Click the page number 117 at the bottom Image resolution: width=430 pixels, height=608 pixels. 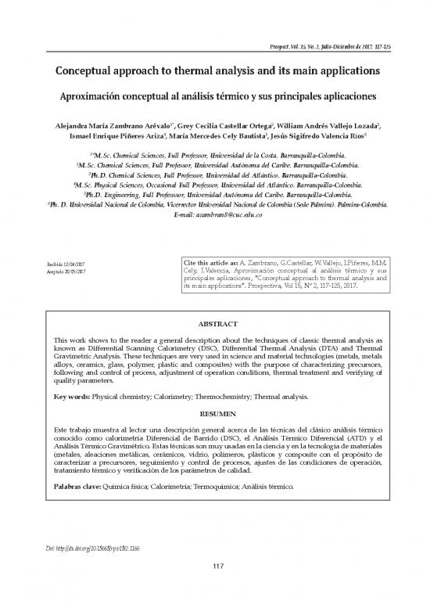pyautogui.click(x=214, y=587)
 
